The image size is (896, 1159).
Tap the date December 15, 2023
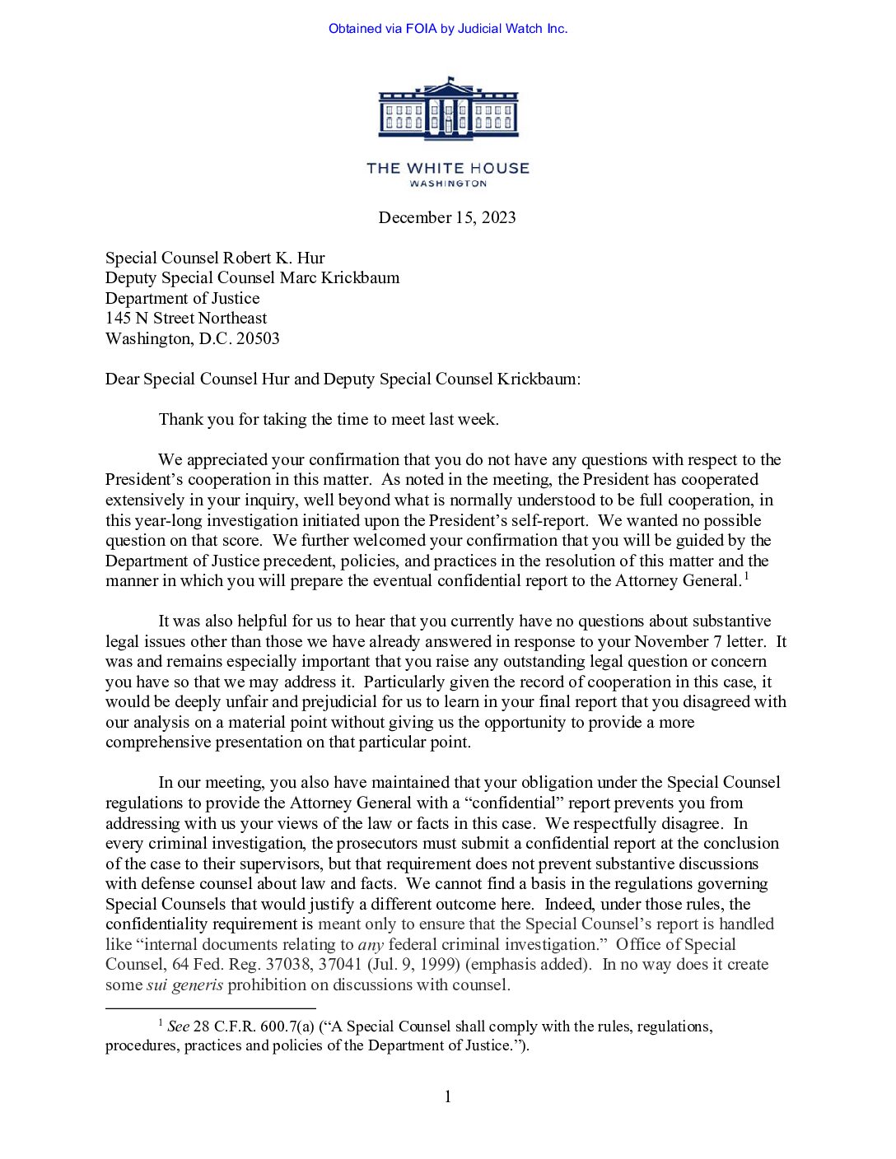pos(447,217)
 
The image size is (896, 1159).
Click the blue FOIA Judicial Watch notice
pos(448,29)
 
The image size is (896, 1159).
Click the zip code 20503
pos(258,338)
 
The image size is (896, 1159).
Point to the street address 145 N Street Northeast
pos(186,318)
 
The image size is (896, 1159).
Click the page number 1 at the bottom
pos(447,1096)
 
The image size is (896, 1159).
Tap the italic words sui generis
pos(184,984)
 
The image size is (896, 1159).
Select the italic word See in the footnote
pos(178,1026)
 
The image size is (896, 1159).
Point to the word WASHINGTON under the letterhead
pos(448,184)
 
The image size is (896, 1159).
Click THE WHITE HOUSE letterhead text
pos(448,168)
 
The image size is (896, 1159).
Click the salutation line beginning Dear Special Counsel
pos(343,379)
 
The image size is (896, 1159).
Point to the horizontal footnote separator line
pos(210,1008)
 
